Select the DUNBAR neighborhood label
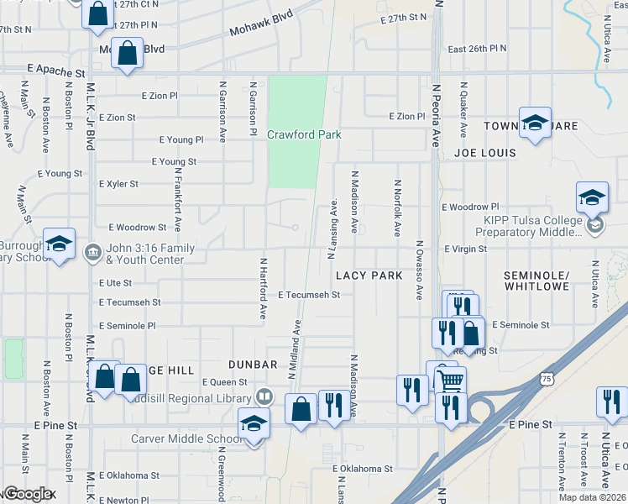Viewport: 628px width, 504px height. (x=253, y=365)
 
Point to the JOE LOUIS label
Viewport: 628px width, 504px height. (x=484, y=154)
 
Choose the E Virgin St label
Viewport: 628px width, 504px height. (x=464, y=249)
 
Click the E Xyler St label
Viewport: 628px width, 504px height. (x=118, y=183)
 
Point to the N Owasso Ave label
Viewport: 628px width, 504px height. (x=418, y=270)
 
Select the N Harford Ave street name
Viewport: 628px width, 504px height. (x=263, y=288)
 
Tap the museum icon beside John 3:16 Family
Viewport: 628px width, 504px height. (x=92, y=249)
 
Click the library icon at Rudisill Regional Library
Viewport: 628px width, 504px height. (x=264, y=396)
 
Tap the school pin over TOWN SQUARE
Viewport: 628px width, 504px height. (x=535, y=123)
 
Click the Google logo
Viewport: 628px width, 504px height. (x=29, y=494)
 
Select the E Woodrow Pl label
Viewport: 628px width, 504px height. (x=470, y=207)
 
